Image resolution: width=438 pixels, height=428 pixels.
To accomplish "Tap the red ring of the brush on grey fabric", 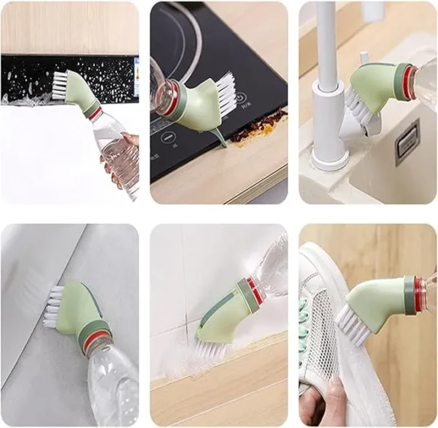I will [x=95, y=340].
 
